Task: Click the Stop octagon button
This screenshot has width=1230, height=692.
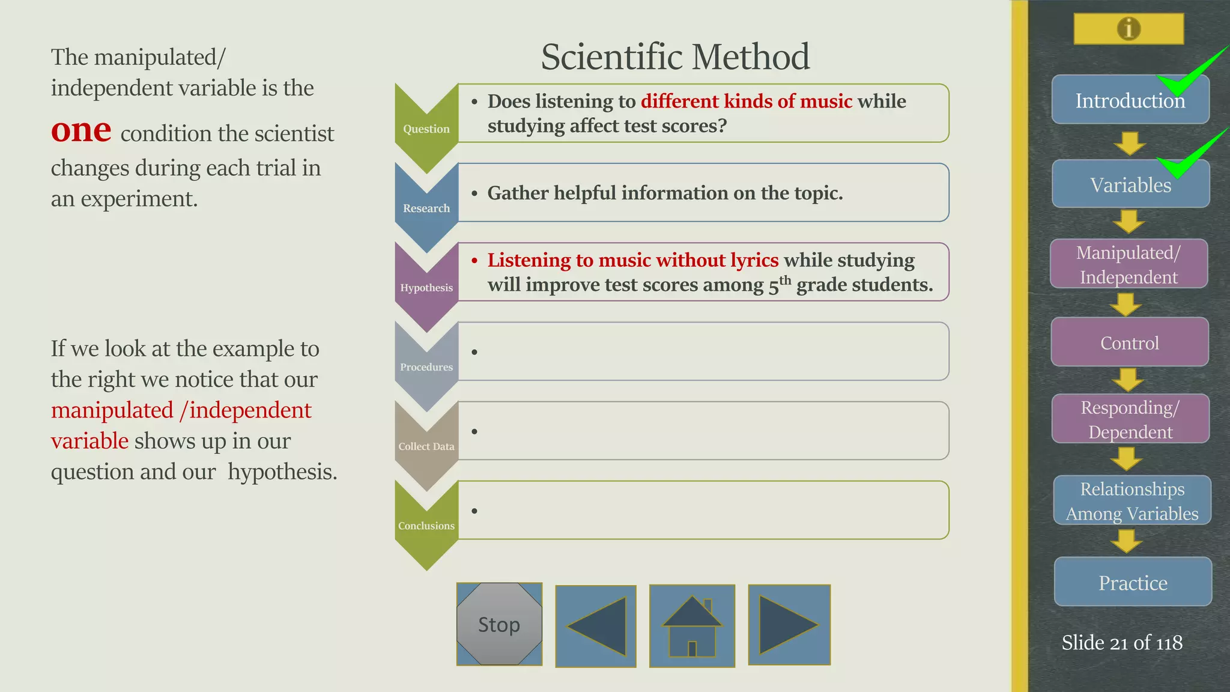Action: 499,624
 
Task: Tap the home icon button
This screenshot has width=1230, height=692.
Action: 692,625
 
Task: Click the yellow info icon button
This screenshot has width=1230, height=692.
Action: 1129,28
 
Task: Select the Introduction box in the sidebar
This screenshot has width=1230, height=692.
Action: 1130,100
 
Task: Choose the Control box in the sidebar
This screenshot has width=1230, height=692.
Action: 1129,342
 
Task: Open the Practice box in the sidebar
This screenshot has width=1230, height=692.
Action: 1133,582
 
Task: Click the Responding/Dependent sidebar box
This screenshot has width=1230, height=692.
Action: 1130,419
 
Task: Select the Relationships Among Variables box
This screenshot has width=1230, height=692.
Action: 1132,500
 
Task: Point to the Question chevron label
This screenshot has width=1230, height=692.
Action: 426,129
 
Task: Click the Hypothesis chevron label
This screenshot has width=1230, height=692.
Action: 426,287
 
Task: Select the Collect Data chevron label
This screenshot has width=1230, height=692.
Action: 426,446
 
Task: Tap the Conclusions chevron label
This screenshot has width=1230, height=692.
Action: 426,526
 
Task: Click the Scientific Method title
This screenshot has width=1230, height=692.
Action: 674,56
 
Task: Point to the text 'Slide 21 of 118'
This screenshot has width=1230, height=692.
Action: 1121,643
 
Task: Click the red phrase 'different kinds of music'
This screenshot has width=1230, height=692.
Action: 746,101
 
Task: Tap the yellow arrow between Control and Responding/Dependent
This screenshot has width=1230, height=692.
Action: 1128,380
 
